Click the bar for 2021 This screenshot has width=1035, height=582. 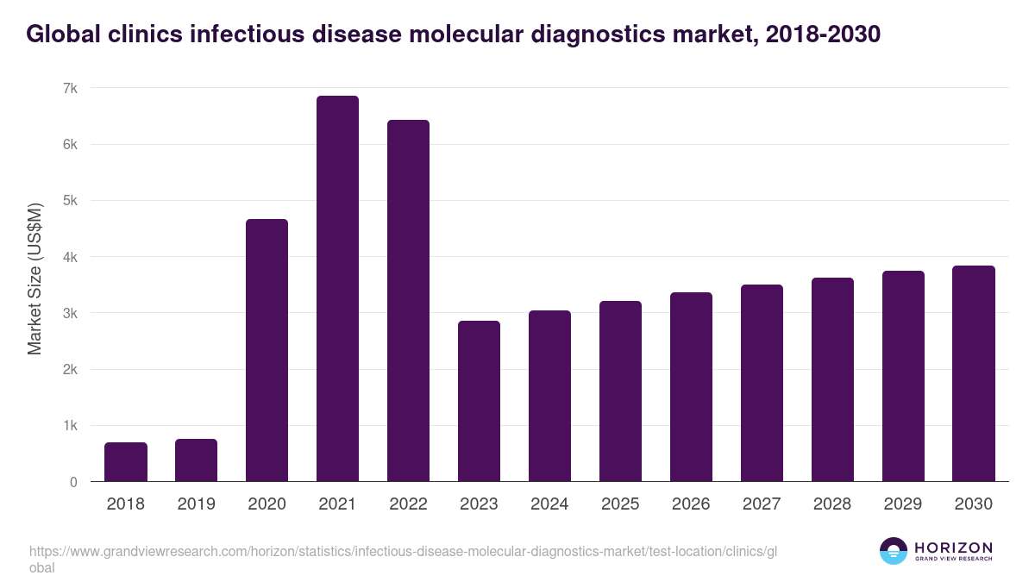[337, 289]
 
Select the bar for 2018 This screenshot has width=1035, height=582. [126, 462]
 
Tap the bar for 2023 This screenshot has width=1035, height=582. [479, 401]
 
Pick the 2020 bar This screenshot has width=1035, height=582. [267, 350]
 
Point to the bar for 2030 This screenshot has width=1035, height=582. [974, 373]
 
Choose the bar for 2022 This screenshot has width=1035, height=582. [408, 301]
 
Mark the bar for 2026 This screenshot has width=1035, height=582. [691, 387]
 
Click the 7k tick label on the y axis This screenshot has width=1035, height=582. [70, 89]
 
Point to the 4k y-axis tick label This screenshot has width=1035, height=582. [70, 257]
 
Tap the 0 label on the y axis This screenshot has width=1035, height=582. [73, 482]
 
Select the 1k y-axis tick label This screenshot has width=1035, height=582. [70, 426]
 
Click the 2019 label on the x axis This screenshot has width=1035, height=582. [196, 504]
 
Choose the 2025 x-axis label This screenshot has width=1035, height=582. [620, 504]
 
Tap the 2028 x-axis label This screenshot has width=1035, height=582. [832, 504]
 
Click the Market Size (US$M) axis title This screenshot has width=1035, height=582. [34, 278]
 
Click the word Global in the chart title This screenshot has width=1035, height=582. [63, 34]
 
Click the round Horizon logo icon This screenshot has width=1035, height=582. [893, 551]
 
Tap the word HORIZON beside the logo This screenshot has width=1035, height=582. [953, 547]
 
